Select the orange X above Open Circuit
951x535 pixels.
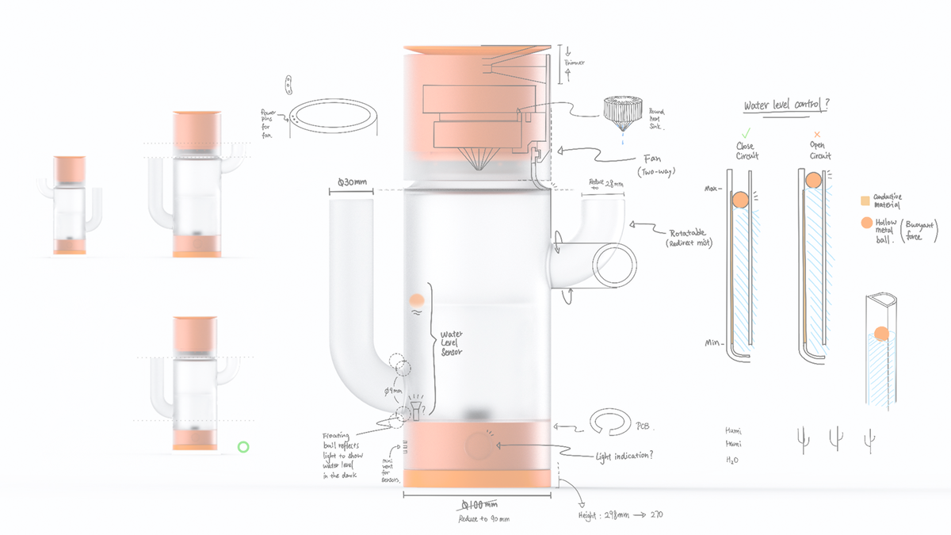(x=817, y=135)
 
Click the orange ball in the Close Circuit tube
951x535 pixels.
(x=740, y=201)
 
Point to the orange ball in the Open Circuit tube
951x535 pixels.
(x=813, y=182)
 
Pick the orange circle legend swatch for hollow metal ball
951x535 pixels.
(x=866, y=224)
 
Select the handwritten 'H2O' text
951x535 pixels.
(x=734, y=459)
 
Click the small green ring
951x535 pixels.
(x=243, y=447)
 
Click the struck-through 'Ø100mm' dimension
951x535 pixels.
(x=480, y=505)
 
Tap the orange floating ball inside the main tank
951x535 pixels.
(x=416, y=300)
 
